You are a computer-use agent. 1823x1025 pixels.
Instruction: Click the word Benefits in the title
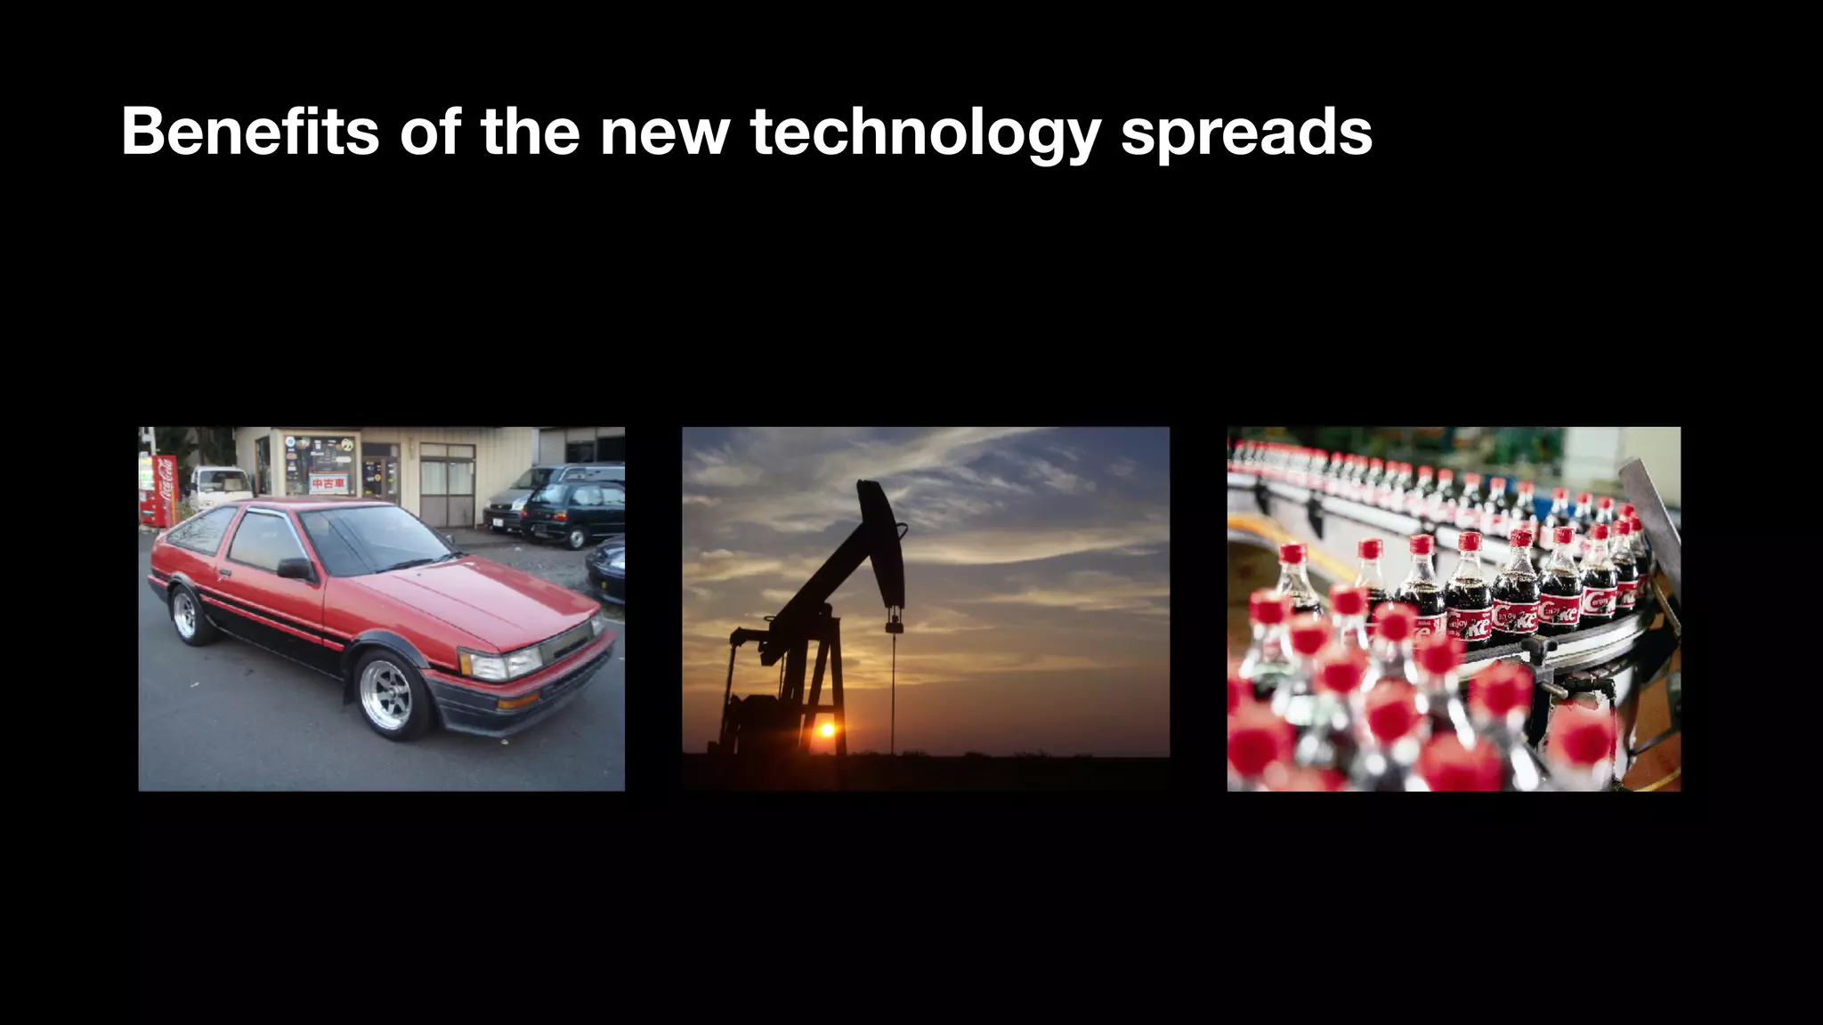250,132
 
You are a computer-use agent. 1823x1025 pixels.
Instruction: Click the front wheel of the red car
388,694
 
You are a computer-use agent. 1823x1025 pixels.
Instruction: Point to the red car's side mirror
294,569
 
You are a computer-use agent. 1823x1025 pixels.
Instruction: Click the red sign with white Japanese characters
328,483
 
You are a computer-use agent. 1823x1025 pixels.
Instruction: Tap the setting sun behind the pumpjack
827,730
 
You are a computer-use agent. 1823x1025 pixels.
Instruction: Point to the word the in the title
531,132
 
